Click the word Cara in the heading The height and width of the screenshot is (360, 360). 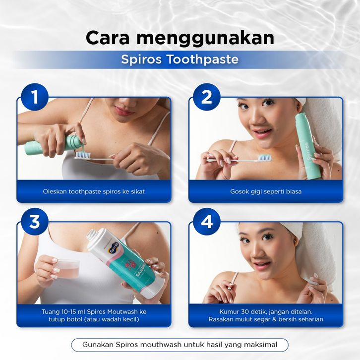[x=108, y=37]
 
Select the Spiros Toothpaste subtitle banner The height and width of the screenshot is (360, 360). [x=180, y=60]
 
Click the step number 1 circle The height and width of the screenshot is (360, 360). [x=35, y=97]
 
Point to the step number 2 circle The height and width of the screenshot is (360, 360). [x=207, y=97]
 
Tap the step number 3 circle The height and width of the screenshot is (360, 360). [x=35, y=222]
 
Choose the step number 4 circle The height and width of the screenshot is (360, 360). [x=207, y=222]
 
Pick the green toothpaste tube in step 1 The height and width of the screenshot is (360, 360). [x=55, y=145]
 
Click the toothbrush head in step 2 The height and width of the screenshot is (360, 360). [x=265, y=158]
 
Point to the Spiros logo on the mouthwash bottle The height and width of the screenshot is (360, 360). [x=114, y=248]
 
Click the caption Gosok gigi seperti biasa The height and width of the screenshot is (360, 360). [x=266, y=191]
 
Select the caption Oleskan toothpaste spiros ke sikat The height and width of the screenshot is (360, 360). [x=94, y=191]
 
